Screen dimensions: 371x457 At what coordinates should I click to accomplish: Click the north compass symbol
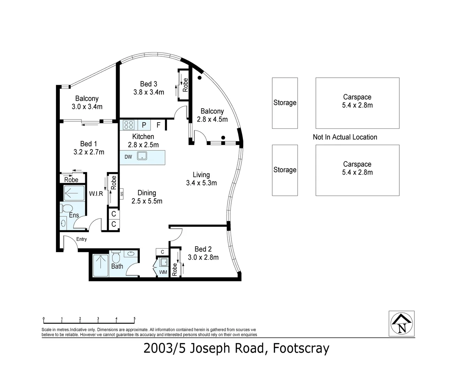click(401, 324)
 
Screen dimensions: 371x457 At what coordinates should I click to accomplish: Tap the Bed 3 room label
click(148, 84)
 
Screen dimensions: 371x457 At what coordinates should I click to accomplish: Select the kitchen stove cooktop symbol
click(129, 124)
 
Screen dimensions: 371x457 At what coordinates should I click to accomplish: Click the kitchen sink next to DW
click(142, 156)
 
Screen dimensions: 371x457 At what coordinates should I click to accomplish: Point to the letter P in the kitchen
click(144, 125)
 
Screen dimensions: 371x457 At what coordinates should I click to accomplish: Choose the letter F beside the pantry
click(158, 125)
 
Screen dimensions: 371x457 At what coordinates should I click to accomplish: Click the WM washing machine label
click(163, 272)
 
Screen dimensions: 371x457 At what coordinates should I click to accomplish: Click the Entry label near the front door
click(81, 239)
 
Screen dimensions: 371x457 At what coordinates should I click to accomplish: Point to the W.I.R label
click(96, 194)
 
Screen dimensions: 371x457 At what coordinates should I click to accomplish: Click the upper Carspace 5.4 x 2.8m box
click(357, 103)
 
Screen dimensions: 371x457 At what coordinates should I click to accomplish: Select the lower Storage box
click(285, 170)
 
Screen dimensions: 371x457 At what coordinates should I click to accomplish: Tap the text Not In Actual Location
click(345, 137)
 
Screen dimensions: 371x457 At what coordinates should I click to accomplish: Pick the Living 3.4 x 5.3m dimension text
click(201, 183)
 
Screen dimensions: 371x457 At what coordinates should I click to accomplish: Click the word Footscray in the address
click(301, 348)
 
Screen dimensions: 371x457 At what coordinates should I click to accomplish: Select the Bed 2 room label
click(203, 249)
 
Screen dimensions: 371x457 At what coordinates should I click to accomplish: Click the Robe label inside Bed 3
click(186, 85)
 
